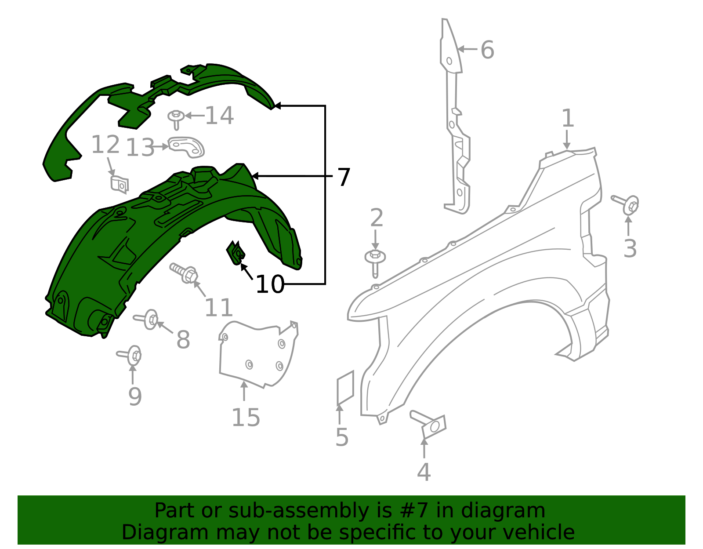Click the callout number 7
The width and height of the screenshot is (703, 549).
(344, 177)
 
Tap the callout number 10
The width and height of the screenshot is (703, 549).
(270, 284)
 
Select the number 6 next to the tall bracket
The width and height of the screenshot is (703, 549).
(487, 50)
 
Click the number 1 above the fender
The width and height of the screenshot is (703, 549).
(568, 119)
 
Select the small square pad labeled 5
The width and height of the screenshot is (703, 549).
(345, 387)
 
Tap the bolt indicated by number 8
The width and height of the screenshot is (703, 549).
(148, 319)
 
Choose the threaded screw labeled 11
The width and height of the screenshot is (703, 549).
(185, 272)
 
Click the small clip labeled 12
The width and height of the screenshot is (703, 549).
(120, 184)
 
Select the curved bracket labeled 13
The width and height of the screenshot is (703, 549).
(187, 147)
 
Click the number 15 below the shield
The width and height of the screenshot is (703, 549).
(246, 418)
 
